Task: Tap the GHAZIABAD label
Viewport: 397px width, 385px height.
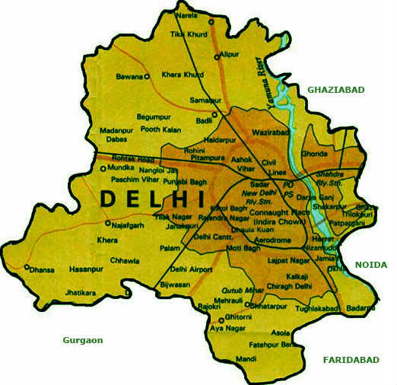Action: click(335, 90)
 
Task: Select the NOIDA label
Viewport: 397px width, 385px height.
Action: click(370, 265)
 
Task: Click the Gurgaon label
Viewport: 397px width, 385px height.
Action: click(83, 340)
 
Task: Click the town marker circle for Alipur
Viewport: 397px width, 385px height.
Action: click(218, 56)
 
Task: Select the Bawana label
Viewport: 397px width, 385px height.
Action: click(129, 76)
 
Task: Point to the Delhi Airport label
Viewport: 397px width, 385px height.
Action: click(190, 269)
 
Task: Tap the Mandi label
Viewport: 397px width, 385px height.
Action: click(246, 358)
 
